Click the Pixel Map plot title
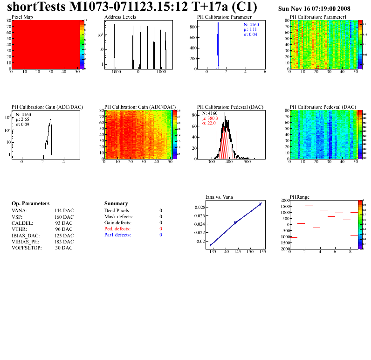click(22, 17)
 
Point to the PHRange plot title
click(300, 197)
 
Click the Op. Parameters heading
click(30, 204)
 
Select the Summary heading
click(116, 204)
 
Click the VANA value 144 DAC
click(64, 211)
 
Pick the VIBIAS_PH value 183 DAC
click(64, 242)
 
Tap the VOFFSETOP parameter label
click(27, 248)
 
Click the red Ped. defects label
click(117, 229)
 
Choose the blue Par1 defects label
click(117, 235)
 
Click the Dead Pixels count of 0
click(161, 211)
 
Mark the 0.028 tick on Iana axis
click(199, 207)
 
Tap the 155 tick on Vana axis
click(262, 252)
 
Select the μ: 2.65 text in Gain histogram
click(23, 119)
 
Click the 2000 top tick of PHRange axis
click(283, 200)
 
